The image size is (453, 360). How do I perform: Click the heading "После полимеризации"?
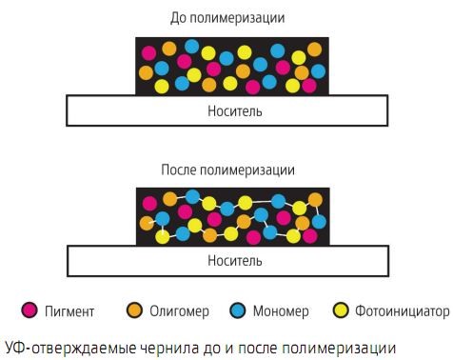[x=227, y=170]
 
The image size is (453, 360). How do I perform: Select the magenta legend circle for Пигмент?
[x=30, y=310]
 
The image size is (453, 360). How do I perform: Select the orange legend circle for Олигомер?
[x=134, y=310]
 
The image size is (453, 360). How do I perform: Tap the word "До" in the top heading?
[x=176, y=18]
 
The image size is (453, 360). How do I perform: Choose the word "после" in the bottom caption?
[x=266, y=343]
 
